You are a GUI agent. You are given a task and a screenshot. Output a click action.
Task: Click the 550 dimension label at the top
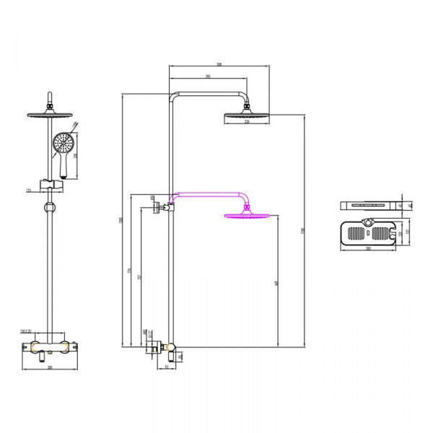219,64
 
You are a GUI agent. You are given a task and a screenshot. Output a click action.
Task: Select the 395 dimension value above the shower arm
208,76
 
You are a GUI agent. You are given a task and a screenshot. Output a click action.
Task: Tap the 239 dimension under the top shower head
246,122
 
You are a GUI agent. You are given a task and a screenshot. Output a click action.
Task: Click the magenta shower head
248,214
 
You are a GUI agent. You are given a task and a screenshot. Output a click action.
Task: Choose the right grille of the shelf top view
381,234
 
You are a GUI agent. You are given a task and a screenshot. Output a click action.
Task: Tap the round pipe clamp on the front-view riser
49,209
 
